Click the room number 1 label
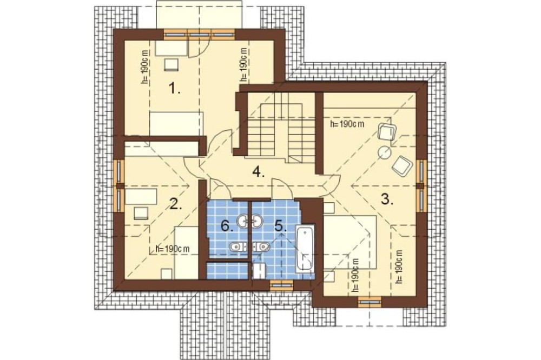(174, 89)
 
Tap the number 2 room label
(176, 204)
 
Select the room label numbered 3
(387, 199)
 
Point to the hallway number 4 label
(258, 171)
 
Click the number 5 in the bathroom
(280, 226)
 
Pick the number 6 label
(227, 226)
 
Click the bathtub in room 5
(306, 248)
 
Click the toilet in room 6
(238, 246)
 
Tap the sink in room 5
(257, 221)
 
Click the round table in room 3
(384, 153)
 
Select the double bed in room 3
(350, 242)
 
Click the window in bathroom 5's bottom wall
(281, 285)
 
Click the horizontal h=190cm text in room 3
(347, 124)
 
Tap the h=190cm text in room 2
(172, 248)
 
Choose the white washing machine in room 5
(259, 271)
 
